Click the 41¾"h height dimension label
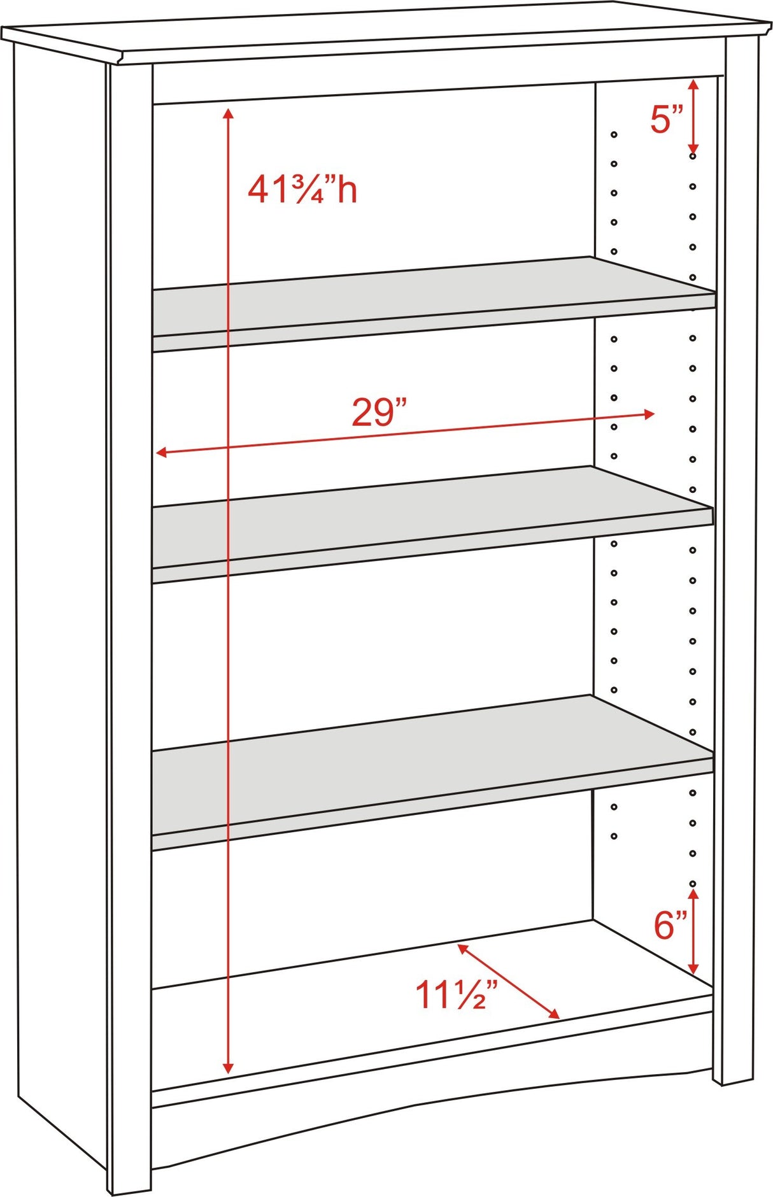[302, 190]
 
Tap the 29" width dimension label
[379, 413]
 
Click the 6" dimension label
[670, 925]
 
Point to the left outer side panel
[60, 573]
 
